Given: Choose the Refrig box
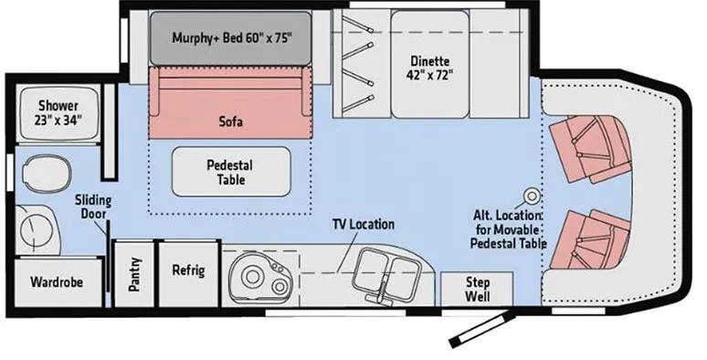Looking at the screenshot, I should pyautogui.click(x=188, y=271).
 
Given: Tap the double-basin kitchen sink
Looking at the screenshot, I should pyautogui.click(x=386, y=270).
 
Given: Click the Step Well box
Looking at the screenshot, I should pyautogui.click(x=477, y=290).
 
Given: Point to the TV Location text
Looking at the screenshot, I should pyautogui.click(x=364, y=225).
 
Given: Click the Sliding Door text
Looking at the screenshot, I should pyautogui.click(x=91, y=206).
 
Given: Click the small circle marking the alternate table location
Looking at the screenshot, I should pyautogui.click(x=529, y=195).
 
